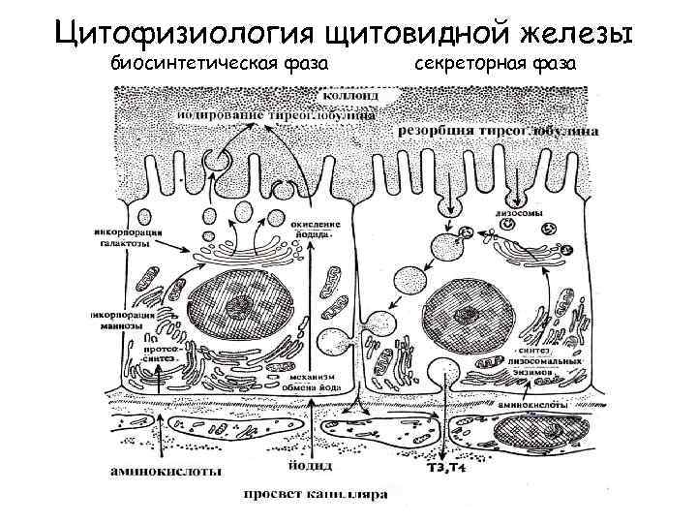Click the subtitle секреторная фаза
[x=497, y=64]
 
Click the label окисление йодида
[x=314, y=231]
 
